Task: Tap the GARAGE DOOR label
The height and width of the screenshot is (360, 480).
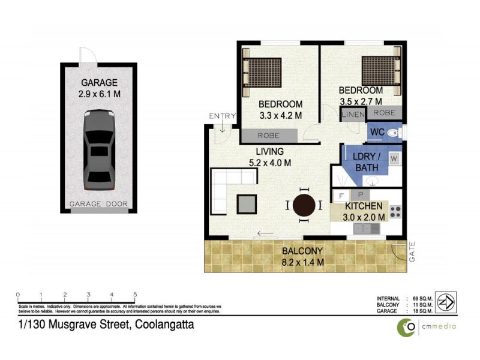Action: pyautogui.click(x=99, y=204)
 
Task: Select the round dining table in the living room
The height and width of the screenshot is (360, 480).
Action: pyautogui.click(x=304, y=205)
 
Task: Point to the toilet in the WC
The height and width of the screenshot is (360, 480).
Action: pyautogui.click(x=394, y=132)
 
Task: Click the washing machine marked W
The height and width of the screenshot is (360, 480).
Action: pyautogui.click(x=394, y=158)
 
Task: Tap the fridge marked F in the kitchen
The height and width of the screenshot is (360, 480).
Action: pyautogui.click(x=341, y=196)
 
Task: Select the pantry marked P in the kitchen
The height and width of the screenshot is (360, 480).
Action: pyautogui.click(x=361, y=196)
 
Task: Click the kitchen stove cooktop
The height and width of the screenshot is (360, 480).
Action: pyautogui.click(x=395, y=211)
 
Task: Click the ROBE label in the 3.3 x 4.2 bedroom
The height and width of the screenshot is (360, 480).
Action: pyautogui.click(x=268, y=136)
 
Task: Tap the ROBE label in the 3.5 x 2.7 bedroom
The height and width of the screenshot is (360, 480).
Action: pyautogui.click(x=384, y=112)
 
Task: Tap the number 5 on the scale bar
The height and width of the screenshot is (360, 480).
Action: pyautogui.click(x=135, y=295)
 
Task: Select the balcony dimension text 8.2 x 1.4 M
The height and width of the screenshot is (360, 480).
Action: pyautogui.click(x=304, y=262)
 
